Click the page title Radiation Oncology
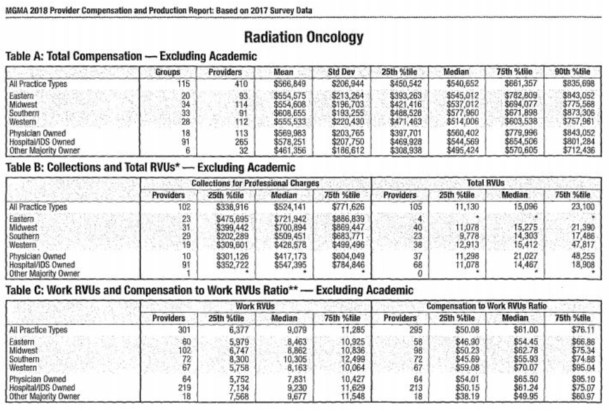tap(303, 37)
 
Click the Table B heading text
tap(150, 168)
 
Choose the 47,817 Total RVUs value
tap(580, 244)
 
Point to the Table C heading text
tap(209, 291)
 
